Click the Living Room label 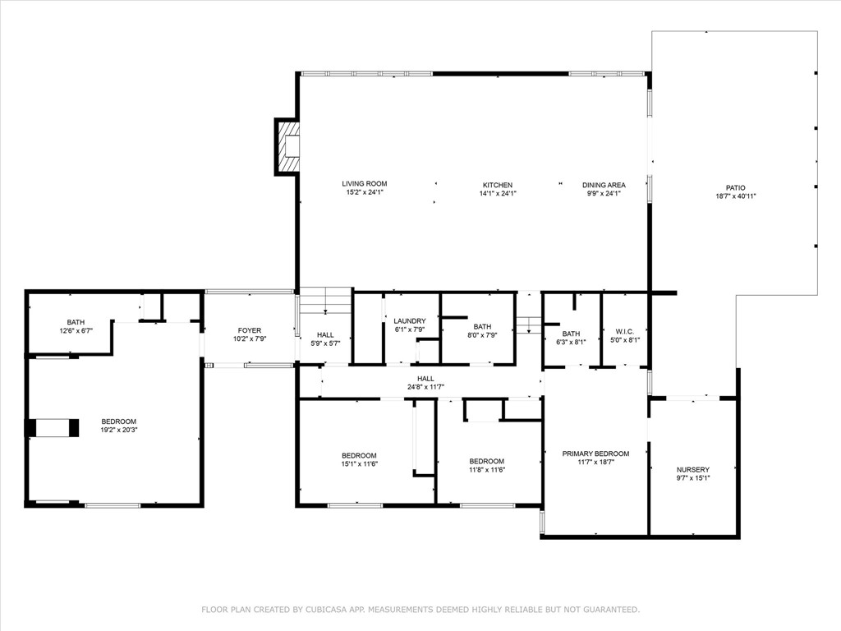tap(365, 184)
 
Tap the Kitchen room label tap(498, 185)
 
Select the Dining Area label tap(604, 185)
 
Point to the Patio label tap(735, 187)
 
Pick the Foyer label tap(250, 330)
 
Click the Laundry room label tap(409, 320)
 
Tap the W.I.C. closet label tap(627, 333)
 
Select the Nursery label tap(693, 469)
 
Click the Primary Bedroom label tap(595, 454)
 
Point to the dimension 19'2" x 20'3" tap(119, 430)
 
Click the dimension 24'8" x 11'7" tap(425, 387)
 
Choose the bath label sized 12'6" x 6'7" tap(76, 322)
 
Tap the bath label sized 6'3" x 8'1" tap(571, 333)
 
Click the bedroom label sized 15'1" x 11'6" tap(359, 455)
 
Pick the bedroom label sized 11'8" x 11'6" tap(486, 461)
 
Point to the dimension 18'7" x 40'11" tap(735, 196)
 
